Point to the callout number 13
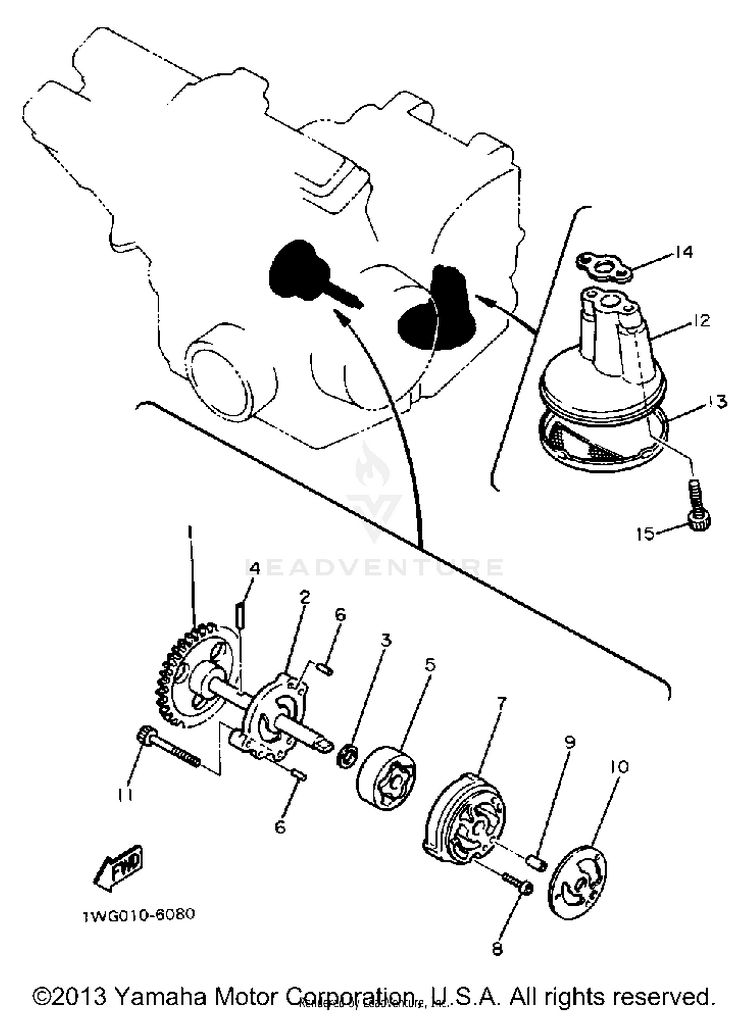point(717,401)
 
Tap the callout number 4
point(254,568)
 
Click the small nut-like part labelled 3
point(347,755)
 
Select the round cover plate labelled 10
point(580,881)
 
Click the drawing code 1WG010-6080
point(139,915)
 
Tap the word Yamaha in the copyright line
point(160,995)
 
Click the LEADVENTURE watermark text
point(375,567)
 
